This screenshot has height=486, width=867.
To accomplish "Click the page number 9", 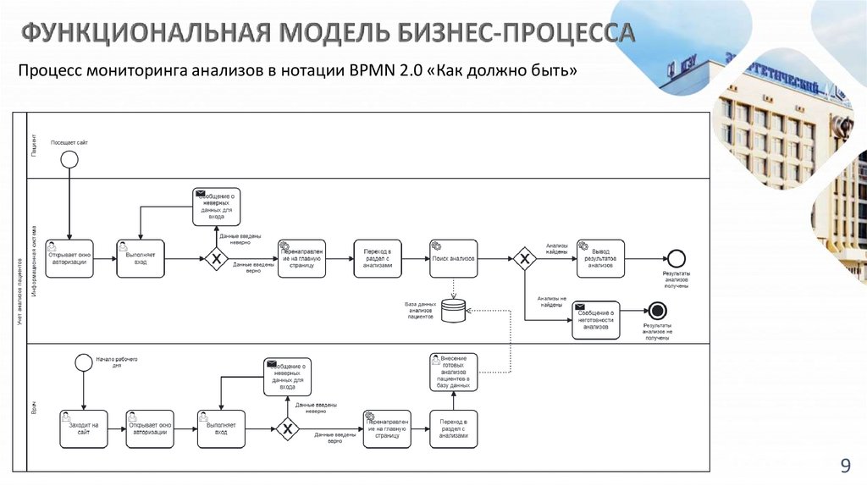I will pos(844,465).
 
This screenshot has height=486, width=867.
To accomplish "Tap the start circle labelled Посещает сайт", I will pos(69,160).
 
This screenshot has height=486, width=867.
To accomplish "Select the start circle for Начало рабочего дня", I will pos(83,362).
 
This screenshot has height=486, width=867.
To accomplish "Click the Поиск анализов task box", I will pos(452,258).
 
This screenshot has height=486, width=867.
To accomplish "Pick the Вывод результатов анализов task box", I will pos(600,258).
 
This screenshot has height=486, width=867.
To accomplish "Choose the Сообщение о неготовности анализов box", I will pos(595,320).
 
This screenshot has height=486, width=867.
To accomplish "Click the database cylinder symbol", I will pos(453,311).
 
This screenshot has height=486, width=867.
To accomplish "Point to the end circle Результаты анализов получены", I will pos(676,258).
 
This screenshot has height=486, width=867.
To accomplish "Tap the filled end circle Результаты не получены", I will pos(657,310).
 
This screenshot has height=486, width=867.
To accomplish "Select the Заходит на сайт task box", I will pos(84,428).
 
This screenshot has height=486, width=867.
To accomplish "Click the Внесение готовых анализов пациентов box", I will pos(453,373).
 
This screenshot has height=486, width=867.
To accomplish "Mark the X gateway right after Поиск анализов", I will pos(524,258).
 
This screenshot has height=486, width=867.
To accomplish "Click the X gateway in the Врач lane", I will pos(288,428).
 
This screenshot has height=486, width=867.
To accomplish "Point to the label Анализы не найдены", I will pos(552,301).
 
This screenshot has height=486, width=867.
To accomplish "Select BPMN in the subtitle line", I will pos(367,71).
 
